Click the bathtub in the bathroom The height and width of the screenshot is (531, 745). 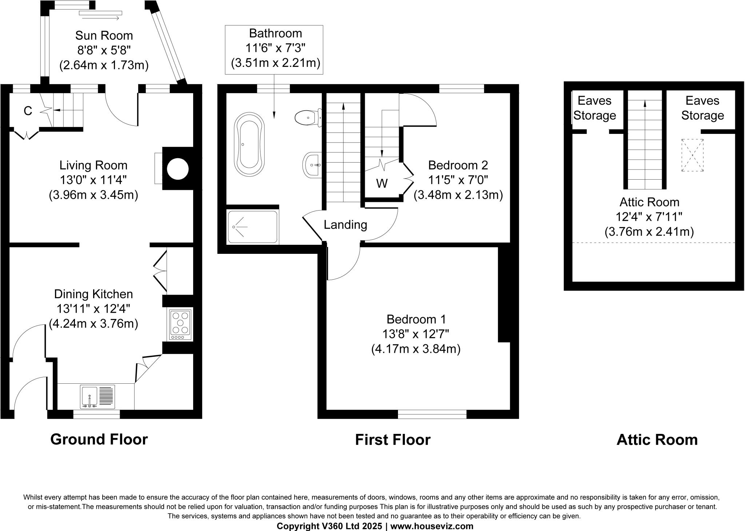pyautogui.click(x=250, y=144)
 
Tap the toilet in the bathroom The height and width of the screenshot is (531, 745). pyautogui.click(x=308, y=117)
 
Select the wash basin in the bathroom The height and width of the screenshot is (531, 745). pyautogui.click(x=312, y=165)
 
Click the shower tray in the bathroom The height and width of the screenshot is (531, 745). pyautogui.click(x=252, y=227)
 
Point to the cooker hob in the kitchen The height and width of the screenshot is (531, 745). pyautogui.click(x=180, y=324)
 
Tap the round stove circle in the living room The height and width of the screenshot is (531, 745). pyautogui.click(x=178, y=169)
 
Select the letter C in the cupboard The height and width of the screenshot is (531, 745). pyautogui.click(x=28, y=111)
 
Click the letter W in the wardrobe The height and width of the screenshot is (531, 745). pyautogui.click(x=382, y=183)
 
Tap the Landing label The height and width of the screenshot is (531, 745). pyautogui.click(x=345, y=225)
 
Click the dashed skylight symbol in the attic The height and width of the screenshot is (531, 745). pyautogui.click(x=693, y=155)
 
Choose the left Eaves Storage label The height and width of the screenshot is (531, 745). pyautogui.click(x=594, y=108)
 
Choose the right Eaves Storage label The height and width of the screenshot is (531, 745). pyautogui.click(x=702, y=108)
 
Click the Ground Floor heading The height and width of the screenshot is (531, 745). pyautogui.click(x=99, y=439)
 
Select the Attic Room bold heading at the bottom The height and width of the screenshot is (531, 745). pyautogui.click(x=657, y=440)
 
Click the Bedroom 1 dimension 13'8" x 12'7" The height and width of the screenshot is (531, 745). pyautogui.click(x=416, y=334)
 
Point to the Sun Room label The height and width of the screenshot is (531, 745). pyautogui.click(x=104, y=36)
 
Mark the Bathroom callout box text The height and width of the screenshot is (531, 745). pyautogui.click(x=275, y=48)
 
